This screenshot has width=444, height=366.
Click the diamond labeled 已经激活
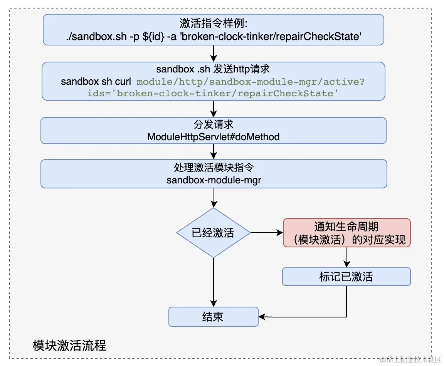(x=214, y=233)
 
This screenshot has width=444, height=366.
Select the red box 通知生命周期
(x=346, y=233)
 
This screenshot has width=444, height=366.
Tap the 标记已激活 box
(x=346, y=277)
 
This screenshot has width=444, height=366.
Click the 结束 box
(x=214, y=317)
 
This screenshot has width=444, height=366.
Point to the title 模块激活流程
(x=69, y=345)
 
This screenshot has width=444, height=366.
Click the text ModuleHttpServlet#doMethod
(x=214, y=137)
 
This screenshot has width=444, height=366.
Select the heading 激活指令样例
(x=214, y=23)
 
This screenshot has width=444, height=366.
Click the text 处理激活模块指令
(x=214, y=168)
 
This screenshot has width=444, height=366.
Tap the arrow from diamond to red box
(x=267, y=233)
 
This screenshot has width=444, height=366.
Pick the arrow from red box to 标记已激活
(x=346, y=257)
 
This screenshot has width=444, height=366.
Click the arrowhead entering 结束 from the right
(x=261, y=317)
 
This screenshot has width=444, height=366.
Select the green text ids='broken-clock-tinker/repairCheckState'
(x=213, y=93)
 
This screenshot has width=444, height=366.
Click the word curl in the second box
(x=123, y=82)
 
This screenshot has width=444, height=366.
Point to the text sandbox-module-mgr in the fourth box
(x=214, y=180)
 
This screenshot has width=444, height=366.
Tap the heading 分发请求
(x=214, y=124)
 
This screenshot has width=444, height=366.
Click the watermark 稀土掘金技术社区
(x=410, y=360)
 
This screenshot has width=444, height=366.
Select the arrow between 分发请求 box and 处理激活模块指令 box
(x=214, y=151)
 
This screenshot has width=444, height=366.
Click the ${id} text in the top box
(x=153, y=37)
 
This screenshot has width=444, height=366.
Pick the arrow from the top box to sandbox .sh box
(x=214, y=54)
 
